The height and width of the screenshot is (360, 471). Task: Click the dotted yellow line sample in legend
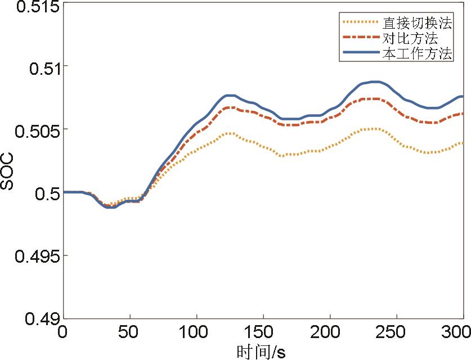click(x=360, y=22)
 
